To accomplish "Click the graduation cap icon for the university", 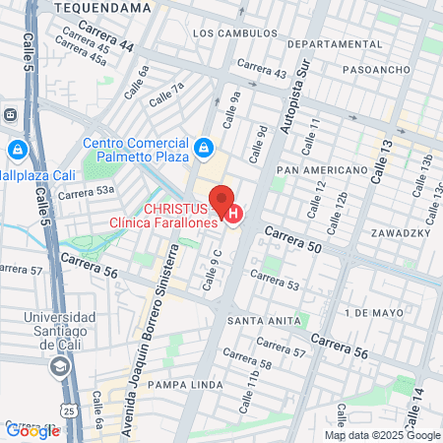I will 60,365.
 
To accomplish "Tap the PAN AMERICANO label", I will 322,170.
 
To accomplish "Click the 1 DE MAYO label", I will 369,312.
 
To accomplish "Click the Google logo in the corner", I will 32,430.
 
